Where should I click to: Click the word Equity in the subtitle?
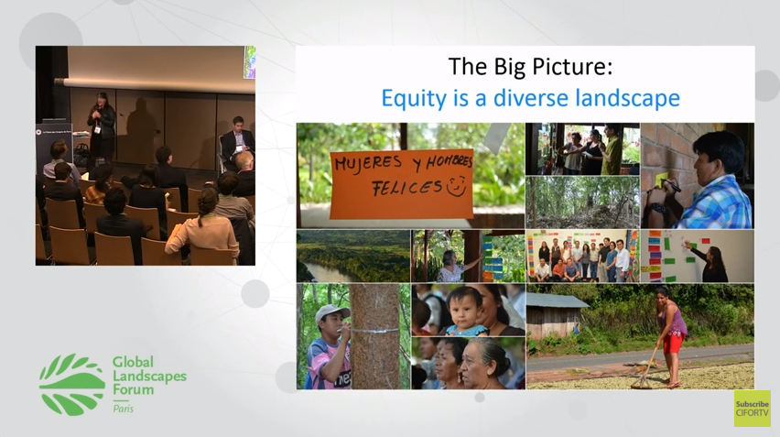tap(411, 98)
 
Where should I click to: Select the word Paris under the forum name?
tap(123, 409)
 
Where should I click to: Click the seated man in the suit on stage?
tap(235, 141)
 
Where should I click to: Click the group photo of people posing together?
tap(581, 256)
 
